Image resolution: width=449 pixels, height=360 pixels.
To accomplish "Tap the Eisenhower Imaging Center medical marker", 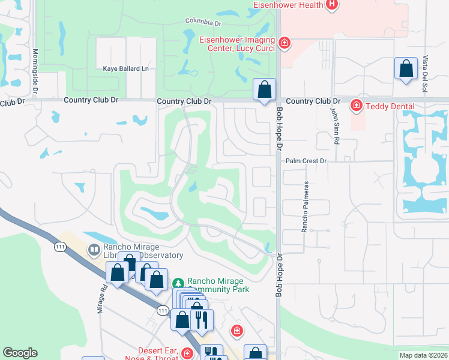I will point(285,43).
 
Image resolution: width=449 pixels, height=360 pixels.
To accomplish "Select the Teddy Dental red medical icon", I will point(357,106).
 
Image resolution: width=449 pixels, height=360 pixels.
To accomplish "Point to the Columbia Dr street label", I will point(203,22).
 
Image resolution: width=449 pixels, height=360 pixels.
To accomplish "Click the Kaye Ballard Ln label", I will point(125,69).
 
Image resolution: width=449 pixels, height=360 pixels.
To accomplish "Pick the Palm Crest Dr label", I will point(306,161).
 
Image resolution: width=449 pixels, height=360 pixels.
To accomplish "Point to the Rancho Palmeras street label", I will point(306,207).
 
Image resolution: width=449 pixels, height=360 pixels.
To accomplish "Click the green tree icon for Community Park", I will point(178,283).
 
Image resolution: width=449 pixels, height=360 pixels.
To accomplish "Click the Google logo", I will point(20,353).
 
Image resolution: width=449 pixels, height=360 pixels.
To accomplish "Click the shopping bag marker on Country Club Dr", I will point(264,91).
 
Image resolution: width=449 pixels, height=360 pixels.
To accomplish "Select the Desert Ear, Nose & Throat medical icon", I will point(188,353).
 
